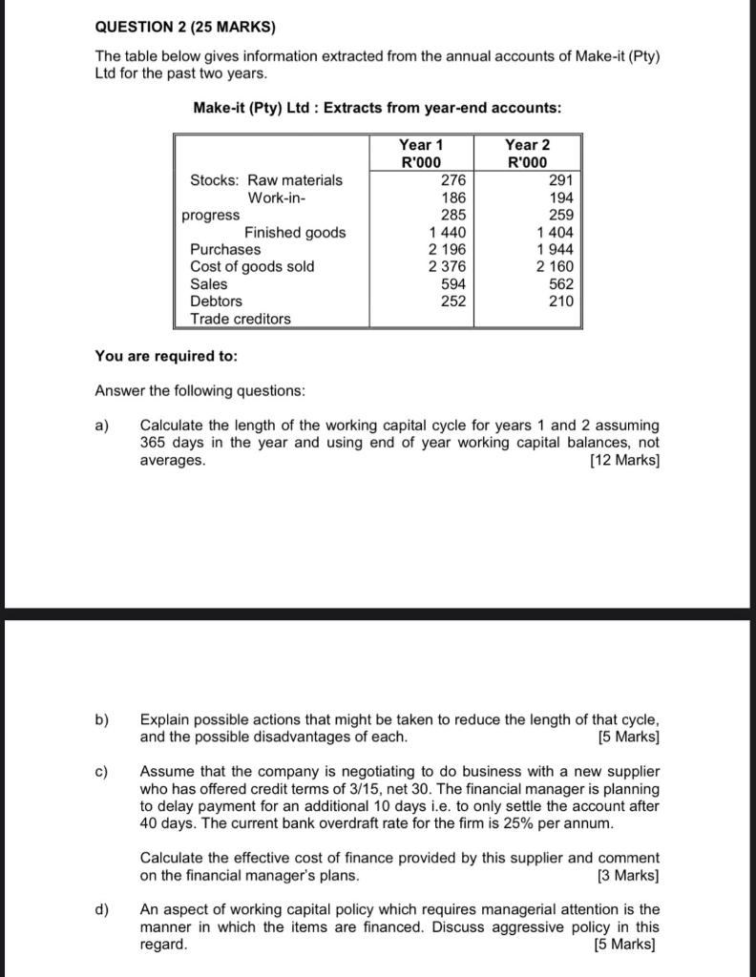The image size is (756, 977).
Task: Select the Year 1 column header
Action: pyautogui.click(x=421, y=145)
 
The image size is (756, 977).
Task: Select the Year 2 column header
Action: pyautogui.click(x=527, y=145)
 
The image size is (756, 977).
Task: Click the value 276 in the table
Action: pyautogui.click(x=452, y=179)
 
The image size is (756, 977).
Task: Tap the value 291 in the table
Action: pyautogui.click(x=560, y=179)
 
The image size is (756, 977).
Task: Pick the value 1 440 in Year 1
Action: pyautogui.click(x=447, y=232)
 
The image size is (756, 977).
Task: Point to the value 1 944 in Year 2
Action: pyautogui.click(x=555, y=249)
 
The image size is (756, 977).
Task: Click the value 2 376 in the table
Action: pyautogui.click(x=447, y=266)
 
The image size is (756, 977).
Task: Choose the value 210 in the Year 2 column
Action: pyautogui.click(x=560, y=301)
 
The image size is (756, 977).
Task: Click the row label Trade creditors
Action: pyautogui.click(x=241, y=319)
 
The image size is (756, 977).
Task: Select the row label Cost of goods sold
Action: pyautogui.click(x=252, y=266)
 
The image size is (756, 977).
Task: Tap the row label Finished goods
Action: pyautogui.click(x=295, y=232)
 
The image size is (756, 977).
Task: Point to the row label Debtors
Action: pyautogui.click(x=216, y=301)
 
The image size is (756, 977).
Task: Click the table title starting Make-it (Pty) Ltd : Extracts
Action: pyautogui.click(x=377, y=108)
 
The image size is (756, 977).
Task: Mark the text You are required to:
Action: pyautogui.click(x=166, y=356)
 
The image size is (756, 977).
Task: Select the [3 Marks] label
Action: pyautogui.click(x=627, y=875)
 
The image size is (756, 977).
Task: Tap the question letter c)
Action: pyautogui.click(x=102, y=771)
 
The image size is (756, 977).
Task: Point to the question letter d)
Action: pyautogui.click(x=102, y=909)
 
